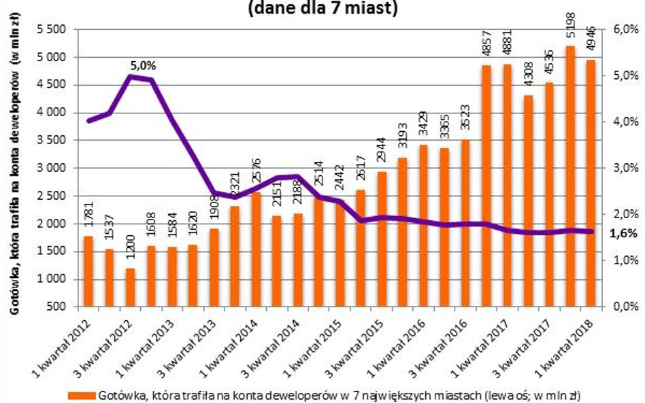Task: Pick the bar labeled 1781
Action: tap(88, 271)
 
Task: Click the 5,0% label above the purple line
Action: tap(144, 66)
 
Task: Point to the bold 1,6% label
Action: tap(623, 233)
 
